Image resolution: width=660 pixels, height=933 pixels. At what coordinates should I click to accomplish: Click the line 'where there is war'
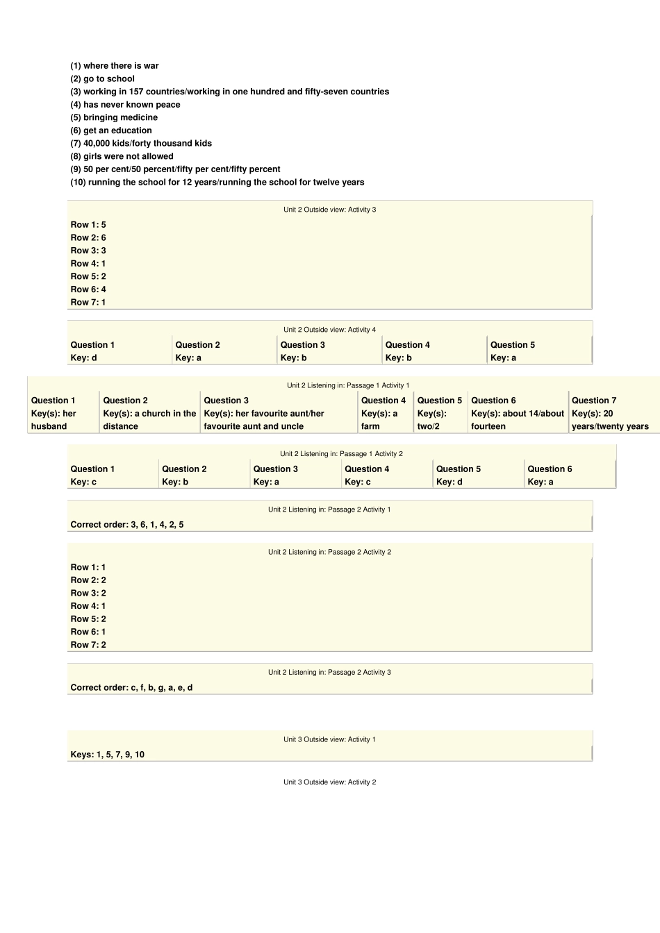[115, 66]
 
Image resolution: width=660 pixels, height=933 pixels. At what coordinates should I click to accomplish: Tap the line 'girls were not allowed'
[122, 156]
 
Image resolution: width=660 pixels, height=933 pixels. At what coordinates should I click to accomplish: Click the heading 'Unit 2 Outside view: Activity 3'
[329, 210]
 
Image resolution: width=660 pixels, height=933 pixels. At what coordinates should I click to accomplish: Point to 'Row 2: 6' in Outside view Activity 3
[88, 237]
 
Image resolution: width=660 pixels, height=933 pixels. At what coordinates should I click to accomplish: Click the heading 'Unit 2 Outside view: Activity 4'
[329, 330]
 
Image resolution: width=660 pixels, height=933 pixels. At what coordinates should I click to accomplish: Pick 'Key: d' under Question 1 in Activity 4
[84, 358]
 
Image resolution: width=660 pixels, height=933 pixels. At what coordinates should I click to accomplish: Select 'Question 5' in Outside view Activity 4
[513, 345]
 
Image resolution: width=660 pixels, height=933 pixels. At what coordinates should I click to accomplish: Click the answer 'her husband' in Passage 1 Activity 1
[53, 420]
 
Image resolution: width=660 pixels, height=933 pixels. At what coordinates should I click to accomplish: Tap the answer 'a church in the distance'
[149, 420]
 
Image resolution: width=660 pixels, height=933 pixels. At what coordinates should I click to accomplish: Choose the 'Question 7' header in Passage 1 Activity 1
[594, 401]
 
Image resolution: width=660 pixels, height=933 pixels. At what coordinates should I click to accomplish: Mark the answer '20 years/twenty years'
[610, 420]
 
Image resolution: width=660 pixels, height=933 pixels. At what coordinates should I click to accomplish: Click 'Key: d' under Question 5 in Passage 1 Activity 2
[449, 482]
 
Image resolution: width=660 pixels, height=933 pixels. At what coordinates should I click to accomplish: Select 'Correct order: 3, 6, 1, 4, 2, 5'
[127, 525]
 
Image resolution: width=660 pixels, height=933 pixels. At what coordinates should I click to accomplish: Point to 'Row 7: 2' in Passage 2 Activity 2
[88, 645]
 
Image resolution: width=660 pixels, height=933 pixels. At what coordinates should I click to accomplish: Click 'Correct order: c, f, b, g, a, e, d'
[131, 688]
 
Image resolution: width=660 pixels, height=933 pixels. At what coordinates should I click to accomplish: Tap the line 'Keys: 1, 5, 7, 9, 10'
[108, 755]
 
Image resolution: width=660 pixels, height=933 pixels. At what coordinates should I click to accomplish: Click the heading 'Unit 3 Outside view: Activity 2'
[329, 782]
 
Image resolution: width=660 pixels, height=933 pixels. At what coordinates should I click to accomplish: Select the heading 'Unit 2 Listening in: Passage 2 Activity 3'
[329, 673]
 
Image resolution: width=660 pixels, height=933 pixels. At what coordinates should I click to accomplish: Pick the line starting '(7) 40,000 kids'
[141, 144]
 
